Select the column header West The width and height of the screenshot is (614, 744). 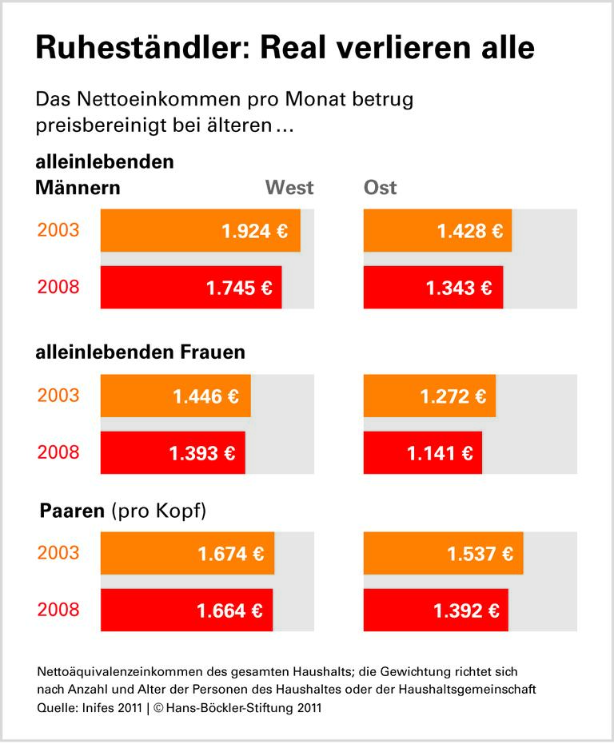tap(289, 189)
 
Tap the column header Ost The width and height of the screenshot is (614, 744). tap(381, 189)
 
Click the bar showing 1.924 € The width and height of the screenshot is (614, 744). tap(200, 231)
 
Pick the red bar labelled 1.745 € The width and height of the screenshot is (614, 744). tap(191, 288)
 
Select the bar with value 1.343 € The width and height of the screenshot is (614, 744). tap(433, 288)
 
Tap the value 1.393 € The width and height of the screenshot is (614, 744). tap(202, 454)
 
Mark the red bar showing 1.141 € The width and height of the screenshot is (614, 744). tap(422, 454)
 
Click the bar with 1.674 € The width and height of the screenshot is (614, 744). tap(187, 553)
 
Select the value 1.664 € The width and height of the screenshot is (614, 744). tap(229, 611)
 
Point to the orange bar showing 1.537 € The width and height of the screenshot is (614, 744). tap(443, 553)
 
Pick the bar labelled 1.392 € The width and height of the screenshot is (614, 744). tap(436, 611)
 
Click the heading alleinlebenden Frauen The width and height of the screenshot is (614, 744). tap(141, 352)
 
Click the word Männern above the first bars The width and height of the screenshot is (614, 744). tap(78, 189)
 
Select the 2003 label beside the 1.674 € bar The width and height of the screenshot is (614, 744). tap(58, 553)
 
